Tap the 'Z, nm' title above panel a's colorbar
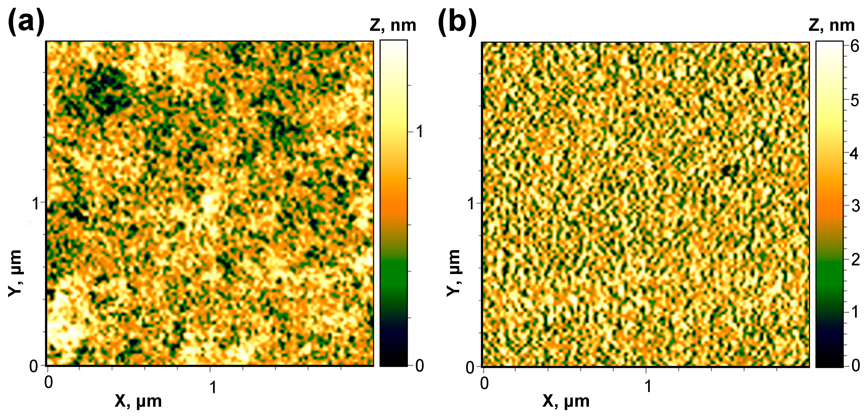tap(393, 26)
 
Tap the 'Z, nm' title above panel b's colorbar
tap(831, 26)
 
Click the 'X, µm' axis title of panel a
tap(138, 401)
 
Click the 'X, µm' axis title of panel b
tap(566, 401)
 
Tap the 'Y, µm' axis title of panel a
tap(16, 273)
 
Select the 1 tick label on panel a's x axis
tap(213, 387)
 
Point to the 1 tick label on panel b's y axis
tap(471, 204)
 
